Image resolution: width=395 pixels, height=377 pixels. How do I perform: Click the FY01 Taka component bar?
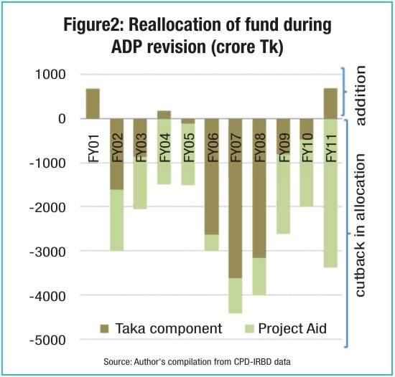(93, 103)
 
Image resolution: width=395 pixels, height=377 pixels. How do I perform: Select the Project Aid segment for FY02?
(117, 220)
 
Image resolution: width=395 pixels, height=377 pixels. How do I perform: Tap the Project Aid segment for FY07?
(236, 295)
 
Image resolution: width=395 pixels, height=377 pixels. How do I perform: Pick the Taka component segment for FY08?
(259, 188)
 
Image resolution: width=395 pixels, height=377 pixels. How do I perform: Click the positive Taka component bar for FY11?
(330, 103)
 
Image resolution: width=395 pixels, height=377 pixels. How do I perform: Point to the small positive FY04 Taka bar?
(164, 115)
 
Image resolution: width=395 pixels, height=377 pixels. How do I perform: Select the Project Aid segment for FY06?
(212, 242)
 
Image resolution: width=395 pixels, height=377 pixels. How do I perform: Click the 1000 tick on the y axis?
(50, 75)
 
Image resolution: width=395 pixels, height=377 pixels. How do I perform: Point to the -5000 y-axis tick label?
(47, 340)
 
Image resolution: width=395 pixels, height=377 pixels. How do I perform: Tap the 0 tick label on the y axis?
(62, 119)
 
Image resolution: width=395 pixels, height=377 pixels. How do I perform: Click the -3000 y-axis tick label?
(47, 252)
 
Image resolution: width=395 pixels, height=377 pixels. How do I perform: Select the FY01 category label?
(93, 149)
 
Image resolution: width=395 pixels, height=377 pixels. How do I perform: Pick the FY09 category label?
(284, 148)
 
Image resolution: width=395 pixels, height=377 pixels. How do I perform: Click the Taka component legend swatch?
(104, 329)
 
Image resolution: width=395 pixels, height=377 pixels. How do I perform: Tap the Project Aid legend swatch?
(249, 329)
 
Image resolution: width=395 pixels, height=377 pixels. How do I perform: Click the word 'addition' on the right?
(361, 95)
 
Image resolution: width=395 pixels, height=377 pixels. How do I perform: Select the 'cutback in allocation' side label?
(361, 225)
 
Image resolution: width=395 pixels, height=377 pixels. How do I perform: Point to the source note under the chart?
(197, 362)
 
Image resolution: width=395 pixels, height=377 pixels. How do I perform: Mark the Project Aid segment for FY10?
(307, 173)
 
